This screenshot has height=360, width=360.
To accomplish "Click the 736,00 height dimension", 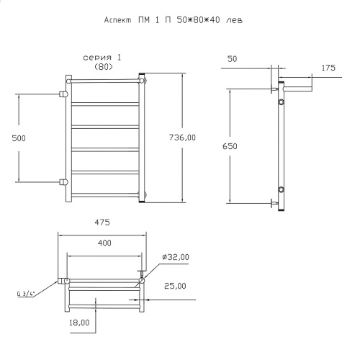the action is pos(182,138).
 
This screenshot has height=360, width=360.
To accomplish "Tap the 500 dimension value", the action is pos(19,138).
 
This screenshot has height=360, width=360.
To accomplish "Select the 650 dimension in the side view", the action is pos(230,146).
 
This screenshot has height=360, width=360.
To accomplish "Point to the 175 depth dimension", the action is pos(328,68).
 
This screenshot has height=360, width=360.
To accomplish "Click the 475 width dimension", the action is pos(102,222).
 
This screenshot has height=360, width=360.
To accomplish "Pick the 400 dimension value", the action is pos(104,243).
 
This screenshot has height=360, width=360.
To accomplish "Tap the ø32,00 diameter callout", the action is pos(176,257).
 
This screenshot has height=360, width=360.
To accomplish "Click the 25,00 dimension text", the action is pos(175,286).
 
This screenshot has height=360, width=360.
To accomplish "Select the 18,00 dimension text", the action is pos(79,323).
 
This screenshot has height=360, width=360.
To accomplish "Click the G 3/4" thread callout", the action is pos(26,294).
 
